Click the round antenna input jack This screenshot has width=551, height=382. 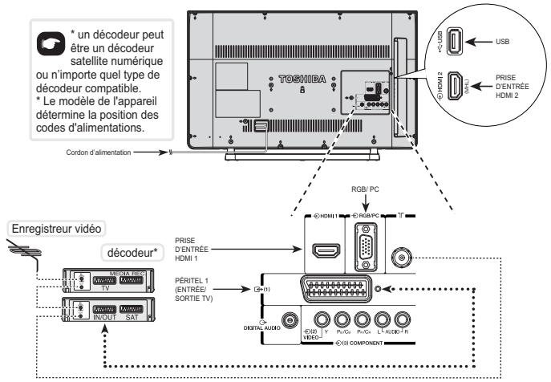(401, 259)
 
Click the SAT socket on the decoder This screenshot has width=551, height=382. (130, 307)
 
